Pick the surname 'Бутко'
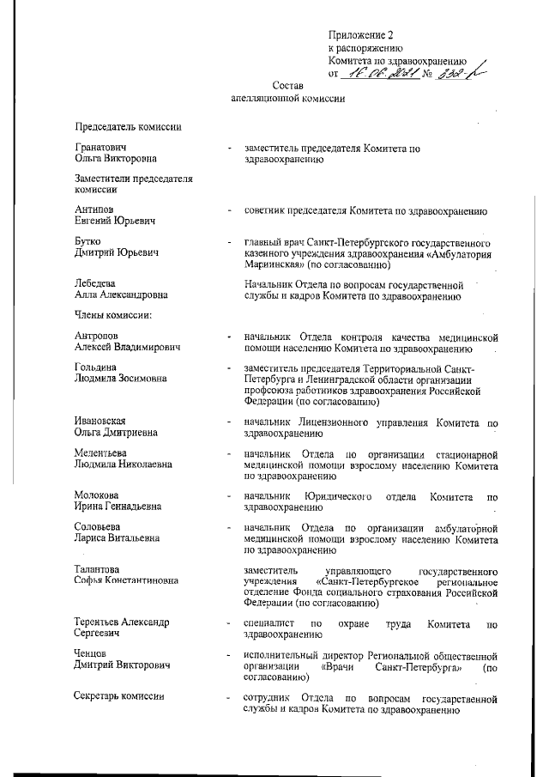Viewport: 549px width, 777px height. (88, 243)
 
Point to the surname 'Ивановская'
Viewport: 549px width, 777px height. (101, 421)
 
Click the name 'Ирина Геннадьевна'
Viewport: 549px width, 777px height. (118, 506)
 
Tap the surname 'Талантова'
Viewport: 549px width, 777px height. (98, 569)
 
